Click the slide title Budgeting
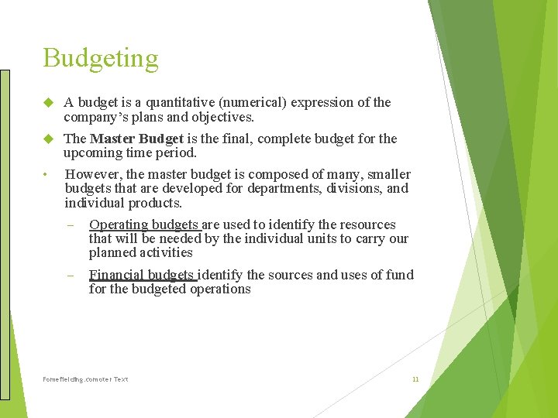(x=101, y=59)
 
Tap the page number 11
(x=415, y=379)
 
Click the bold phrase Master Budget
(x=136, y=139)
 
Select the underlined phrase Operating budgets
(x=144, y=225)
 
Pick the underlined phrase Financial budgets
(x=143, y=275)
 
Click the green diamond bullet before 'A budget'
(x=48, y=102)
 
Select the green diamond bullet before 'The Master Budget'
(x=48, y=139)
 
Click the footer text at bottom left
(x=85, y=379)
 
